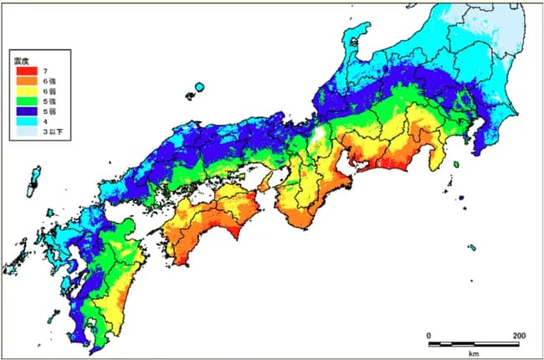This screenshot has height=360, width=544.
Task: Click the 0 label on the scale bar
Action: point(429,335)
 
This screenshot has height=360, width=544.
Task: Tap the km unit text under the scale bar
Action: point(474,352)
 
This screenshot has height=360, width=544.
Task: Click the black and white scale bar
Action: point(474,343)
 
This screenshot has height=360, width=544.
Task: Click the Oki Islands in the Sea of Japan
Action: point(199,86)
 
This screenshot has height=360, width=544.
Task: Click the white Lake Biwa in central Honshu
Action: point(319,135)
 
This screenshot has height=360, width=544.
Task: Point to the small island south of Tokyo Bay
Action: point(455,165)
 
